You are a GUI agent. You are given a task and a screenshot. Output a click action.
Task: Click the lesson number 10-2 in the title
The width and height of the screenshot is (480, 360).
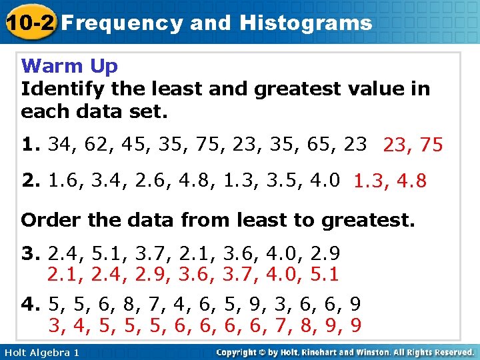click(30, 23)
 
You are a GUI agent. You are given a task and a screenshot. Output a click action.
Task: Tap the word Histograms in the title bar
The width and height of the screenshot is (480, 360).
click(306, 23)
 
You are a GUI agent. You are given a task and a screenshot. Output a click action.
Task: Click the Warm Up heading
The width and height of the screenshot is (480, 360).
click(69, 66)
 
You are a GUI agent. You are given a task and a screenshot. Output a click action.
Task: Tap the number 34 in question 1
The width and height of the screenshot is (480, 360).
click(59, 144)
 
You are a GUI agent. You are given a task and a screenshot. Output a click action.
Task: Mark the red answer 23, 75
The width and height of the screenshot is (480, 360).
click(413, 145)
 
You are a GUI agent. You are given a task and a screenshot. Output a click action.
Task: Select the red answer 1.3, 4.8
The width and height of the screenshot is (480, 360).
click(390, 181)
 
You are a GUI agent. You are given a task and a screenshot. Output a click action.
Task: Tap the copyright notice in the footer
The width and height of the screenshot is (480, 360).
click(345, 351)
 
